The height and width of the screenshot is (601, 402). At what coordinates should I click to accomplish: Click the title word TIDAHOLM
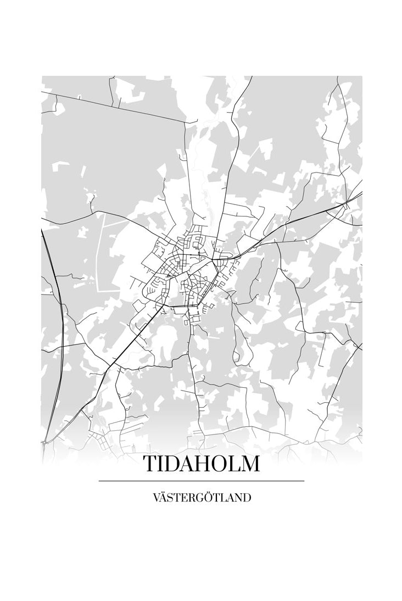tap(201, 464)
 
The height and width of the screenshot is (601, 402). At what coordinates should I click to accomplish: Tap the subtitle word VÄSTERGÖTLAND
tap(202, 498)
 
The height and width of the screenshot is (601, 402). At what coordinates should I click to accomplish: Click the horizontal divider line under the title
tap(201, 481)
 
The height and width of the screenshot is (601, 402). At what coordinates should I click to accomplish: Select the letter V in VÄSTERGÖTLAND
tap(156, 498)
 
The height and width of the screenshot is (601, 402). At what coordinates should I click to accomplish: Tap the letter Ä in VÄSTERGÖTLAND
tap(164, 497)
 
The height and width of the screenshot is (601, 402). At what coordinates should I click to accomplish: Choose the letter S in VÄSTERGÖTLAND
tap(171, 498)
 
